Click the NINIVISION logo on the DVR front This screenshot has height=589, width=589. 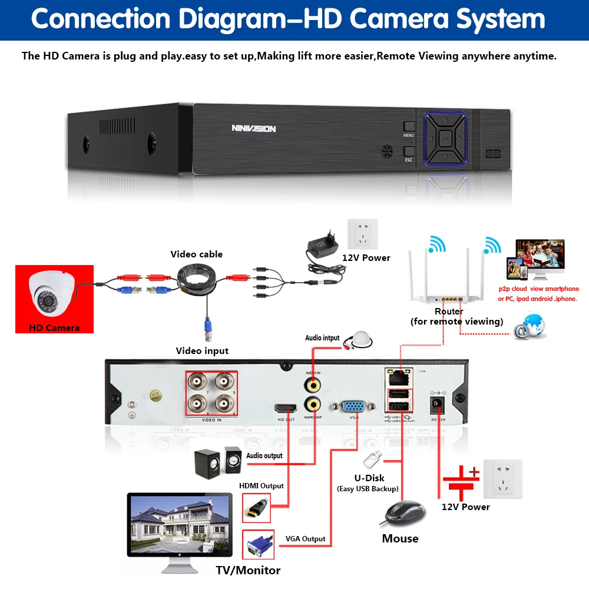click(x=253, y=128)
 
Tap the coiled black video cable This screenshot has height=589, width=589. click(x=197, y=280)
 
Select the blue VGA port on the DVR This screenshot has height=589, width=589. click(x=353, y=406)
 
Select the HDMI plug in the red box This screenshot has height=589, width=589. click(x=257, y=507)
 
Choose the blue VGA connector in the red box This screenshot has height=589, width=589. click(x=257, y=545)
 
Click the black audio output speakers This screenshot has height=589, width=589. click(x=217, y=461)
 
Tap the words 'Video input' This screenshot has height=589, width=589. click(x=202, y=351)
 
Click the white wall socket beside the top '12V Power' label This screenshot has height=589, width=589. click(x=362, y=234)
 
